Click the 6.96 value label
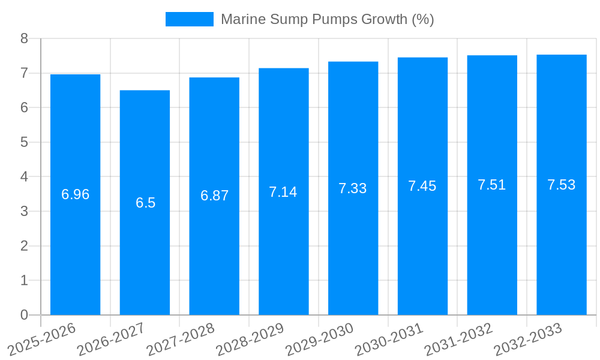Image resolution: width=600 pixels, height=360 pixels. pos(75,194)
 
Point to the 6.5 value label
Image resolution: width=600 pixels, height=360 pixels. pos(145,203)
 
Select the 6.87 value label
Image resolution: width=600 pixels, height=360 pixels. pos(214,196)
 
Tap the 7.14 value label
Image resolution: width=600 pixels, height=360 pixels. pos(283,192)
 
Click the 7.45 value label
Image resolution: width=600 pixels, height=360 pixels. pos(422,186)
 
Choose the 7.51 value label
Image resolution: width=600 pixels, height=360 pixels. pos(492,185)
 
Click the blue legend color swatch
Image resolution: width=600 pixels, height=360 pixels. pos(189,19)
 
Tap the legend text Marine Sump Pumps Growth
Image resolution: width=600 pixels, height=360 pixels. pos(327,19)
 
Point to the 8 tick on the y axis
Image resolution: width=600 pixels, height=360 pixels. pos(24,38)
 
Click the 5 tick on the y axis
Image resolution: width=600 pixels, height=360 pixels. pos(24,142)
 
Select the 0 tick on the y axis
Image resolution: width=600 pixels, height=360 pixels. pos(24,315)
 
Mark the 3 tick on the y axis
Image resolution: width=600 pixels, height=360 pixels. pos(24,211)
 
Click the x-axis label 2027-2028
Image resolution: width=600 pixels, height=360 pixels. pos(181,339)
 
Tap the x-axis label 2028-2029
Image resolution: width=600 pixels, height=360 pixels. pos(250,339)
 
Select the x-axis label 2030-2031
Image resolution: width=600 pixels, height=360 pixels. pos(389,339)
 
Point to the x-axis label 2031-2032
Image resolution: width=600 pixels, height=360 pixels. pos(458,339)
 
